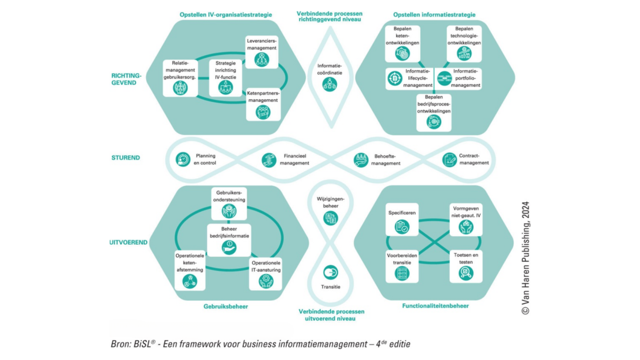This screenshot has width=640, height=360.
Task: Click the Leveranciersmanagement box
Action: point(262,52)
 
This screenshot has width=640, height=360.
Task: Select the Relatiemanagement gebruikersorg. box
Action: point(180,78)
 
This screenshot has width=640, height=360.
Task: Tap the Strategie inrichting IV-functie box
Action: point(225,78)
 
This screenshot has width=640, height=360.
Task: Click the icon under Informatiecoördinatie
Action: point(329,84)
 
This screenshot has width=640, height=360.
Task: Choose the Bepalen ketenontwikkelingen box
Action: point(402,44)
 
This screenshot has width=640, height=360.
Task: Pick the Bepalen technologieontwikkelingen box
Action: point(464,44)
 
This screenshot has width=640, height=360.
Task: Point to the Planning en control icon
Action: point(183,160)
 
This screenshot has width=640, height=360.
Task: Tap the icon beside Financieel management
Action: point(269,160)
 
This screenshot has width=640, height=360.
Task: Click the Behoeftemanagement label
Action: point(385,160)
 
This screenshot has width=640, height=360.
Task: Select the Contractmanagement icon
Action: point(449,160)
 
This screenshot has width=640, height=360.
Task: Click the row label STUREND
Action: point(125,158)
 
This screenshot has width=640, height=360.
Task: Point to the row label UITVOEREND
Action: point(128,242)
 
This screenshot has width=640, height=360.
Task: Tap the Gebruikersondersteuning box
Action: point(229,204)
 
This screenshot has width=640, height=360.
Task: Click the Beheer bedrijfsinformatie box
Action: point(229,240)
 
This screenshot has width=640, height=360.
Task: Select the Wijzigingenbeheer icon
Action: point(330,218)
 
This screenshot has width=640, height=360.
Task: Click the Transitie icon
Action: point(330,272)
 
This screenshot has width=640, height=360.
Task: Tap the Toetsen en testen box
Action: point(465,267)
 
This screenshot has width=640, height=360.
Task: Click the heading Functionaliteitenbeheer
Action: point(435,306)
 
